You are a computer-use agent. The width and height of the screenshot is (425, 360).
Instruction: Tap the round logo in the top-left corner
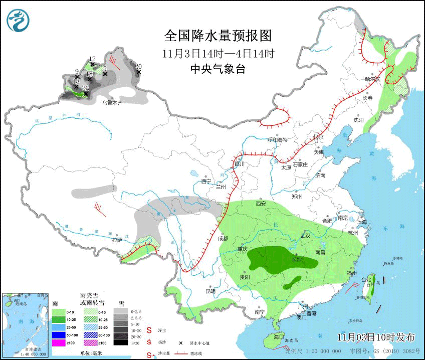[19, 20]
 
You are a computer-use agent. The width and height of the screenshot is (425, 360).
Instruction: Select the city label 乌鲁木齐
[112, 103]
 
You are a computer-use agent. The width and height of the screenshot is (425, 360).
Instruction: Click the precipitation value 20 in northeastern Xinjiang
[138, 66]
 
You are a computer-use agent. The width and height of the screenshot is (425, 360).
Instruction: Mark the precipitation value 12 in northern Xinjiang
[92, 59]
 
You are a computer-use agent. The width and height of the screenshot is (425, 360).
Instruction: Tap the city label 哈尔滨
[372, 79]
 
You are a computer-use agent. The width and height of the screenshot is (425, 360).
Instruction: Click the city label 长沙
[297, 259]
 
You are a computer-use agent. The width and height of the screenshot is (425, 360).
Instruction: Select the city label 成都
[223, 238]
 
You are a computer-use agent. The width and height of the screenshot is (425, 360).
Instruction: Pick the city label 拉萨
[117, 240]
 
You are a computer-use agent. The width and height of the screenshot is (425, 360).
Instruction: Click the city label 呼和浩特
[278, 140]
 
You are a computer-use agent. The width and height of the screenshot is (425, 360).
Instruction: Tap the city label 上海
[362, 222]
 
